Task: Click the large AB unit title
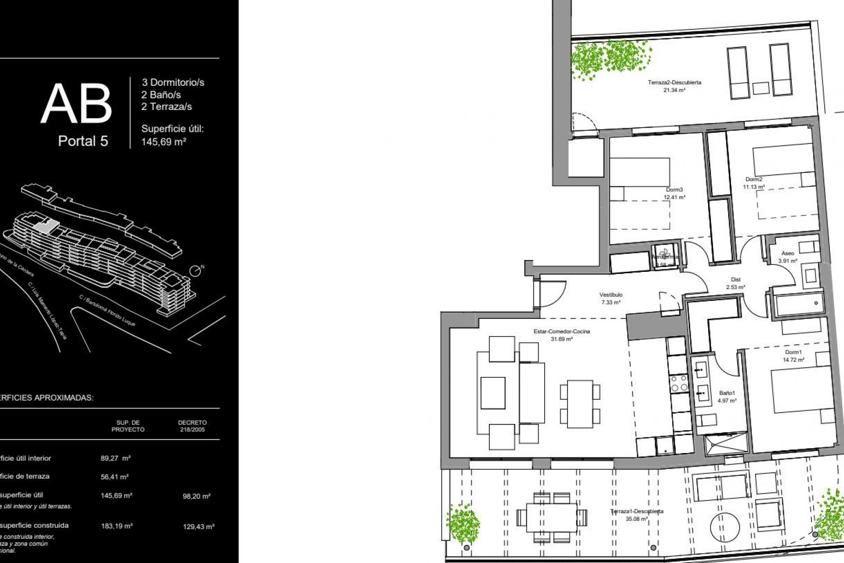tap(76, 104)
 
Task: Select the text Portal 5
tap(83, 141)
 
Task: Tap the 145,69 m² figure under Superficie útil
tap(164, 142)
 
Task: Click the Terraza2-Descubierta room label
tap(674, 82)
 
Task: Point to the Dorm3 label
tap(674, 190)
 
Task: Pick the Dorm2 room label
tap(754, 179)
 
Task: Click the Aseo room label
tap(788, 253)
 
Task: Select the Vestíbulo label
tap(611, 295)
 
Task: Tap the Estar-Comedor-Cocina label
tap(561, 332)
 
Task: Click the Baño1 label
tap(727, 393)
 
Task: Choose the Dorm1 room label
tap(793, 352)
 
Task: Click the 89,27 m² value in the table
tap(116, 458)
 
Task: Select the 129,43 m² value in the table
tap(199, 526)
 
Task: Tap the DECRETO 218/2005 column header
tap(192, 426)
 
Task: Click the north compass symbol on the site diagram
tap(196, 271)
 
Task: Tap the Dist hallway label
tap(736, 280)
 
